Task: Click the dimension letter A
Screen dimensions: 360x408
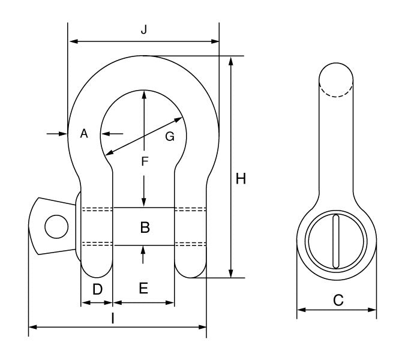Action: [x=85, y=134]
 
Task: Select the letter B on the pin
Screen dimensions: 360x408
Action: [x=144, y=227]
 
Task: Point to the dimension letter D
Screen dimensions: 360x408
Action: [x=97, y=289]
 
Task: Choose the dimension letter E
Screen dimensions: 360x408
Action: [x=143, y=289]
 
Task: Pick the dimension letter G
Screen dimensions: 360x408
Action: [x=170, y=137]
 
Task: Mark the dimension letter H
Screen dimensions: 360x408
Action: [x=241, y=179]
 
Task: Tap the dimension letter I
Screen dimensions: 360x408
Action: [x=113, y=318]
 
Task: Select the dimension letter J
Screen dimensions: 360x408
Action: [x=144, y=31]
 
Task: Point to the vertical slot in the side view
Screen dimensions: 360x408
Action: [x=337, y=241]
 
